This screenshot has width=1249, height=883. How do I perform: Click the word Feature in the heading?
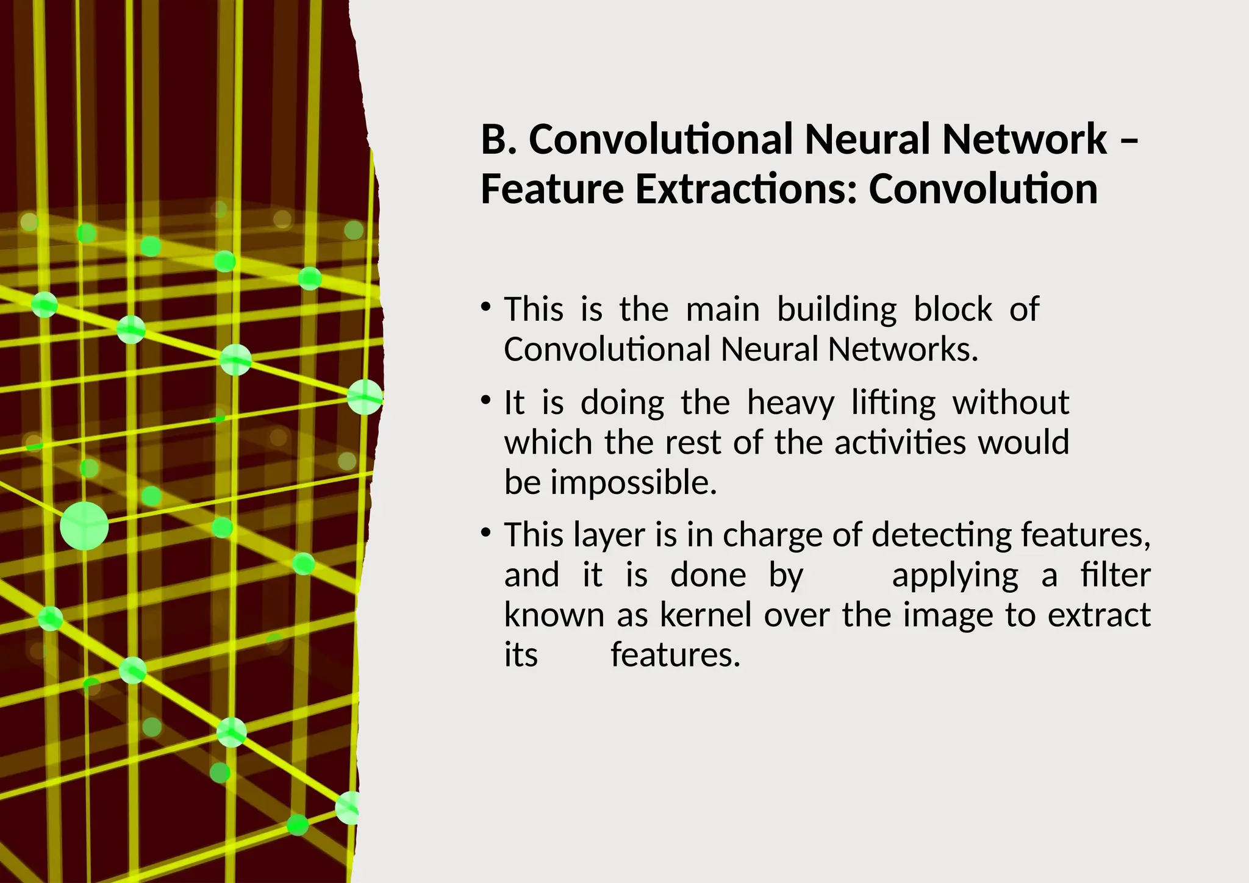551,190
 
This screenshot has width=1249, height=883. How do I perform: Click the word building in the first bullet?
836,310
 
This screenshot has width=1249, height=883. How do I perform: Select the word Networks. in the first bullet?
903,350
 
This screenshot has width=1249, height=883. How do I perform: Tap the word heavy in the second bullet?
790,404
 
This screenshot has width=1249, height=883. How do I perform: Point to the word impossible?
634,483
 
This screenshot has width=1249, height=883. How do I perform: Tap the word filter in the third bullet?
1115,576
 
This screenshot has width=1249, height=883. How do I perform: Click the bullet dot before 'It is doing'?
485,401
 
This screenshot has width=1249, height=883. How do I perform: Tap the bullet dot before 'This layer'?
485,532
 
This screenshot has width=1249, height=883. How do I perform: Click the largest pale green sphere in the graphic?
84,526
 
